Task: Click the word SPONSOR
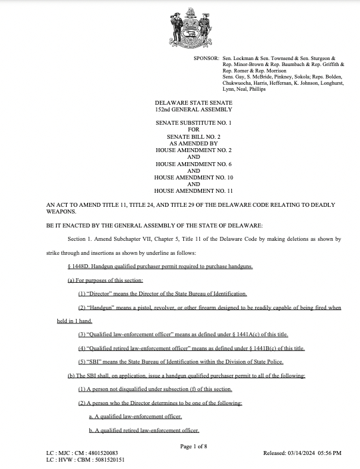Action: (206, 59)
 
